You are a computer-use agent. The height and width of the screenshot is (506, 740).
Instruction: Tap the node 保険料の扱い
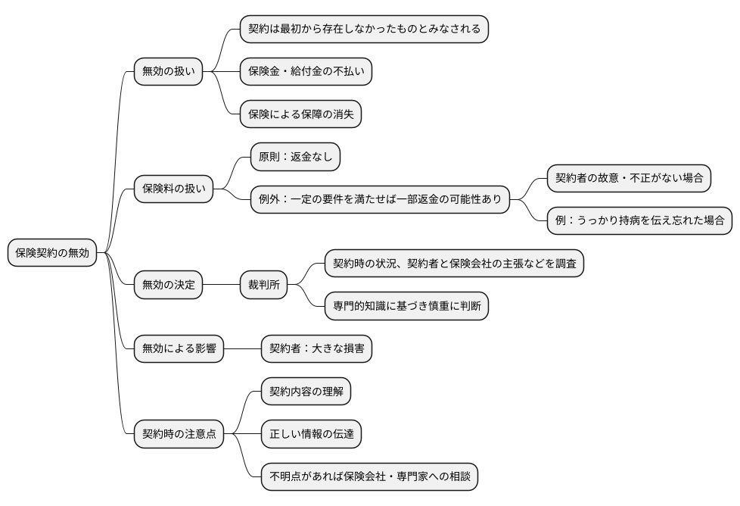173,188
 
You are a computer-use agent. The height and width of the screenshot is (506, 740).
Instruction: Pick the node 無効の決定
168,285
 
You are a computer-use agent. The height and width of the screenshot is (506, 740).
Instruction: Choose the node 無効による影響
179,348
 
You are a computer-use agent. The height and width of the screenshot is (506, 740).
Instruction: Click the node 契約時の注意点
179,434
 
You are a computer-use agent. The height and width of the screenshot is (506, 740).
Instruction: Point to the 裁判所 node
263,285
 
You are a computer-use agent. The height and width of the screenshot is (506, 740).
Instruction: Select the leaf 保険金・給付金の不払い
306,72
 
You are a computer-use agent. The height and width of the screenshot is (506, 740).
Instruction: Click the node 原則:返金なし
296,157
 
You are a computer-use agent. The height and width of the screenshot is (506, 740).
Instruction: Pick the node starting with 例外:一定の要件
381,199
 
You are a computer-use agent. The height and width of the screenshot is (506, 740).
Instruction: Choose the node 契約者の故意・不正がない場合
629,178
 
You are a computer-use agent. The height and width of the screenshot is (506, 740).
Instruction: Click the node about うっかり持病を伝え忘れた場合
639,220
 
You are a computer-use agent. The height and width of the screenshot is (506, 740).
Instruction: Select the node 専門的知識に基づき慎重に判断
406,306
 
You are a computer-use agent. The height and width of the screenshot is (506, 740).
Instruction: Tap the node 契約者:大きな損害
317,348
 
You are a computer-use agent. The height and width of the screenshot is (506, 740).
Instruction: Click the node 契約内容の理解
306,392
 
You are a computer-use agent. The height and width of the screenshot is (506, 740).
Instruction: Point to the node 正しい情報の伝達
311,434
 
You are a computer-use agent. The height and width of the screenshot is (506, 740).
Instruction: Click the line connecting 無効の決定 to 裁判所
221,285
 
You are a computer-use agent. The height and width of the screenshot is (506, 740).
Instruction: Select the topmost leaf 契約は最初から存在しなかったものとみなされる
364,29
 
